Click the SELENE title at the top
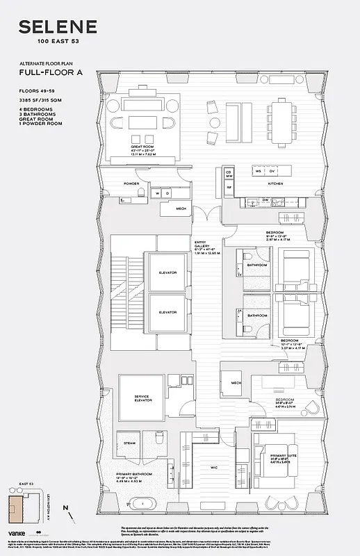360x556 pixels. (58, 28)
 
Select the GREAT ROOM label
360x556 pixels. (141, 147)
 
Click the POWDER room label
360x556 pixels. (132, 183)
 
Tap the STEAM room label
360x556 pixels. (129, 442)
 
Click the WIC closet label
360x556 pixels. (215, 468)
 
